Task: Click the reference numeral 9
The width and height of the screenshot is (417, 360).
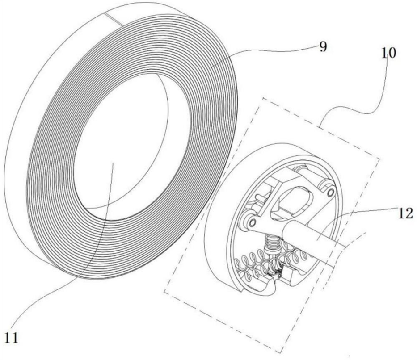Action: tap(323, 47)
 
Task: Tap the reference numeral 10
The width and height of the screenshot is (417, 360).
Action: tap(388, 53)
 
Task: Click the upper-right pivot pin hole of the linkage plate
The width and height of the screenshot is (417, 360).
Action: tap(330, 193)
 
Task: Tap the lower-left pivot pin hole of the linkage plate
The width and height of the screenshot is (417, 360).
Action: tap(252, 222)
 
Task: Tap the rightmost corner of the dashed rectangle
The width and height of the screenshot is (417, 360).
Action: tap(379, 159)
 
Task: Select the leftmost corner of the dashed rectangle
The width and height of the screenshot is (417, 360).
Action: tap(164, 293)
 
